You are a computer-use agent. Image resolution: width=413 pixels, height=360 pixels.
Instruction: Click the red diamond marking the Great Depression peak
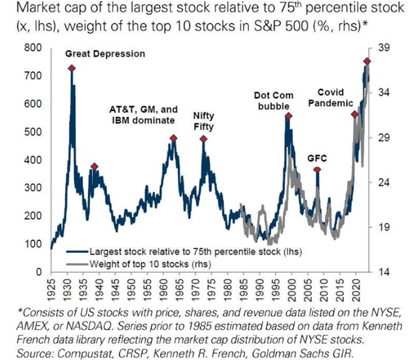pyautogui.click(x=72, y=68)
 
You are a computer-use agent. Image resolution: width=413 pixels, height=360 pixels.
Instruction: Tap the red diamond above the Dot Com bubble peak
pyautogui.click(x=288, y=116)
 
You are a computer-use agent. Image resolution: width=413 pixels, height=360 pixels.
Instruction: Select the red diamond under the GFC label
pyautogui.click(x=317, y=170)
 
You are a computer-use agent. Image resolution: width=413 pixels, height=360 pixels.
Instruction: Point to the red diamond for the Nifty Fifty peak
pyautogui.click(x=203, y=139)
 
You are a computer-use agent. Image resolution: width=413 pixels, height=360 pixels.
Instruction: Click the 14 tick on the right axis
pyautogui.click(x=384, y=272)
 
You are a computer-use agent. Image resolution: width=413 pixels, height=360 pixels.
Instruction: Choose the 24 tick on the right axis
pyautogui.click(x=384, y=183)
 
